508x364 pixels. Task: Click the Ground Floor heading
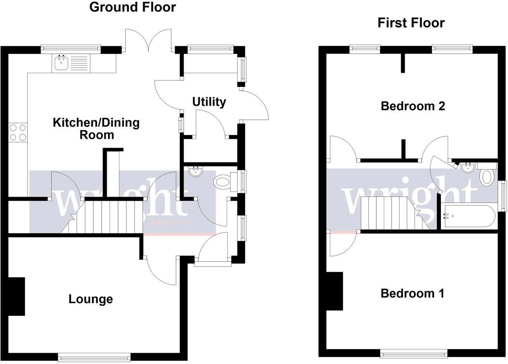[x=132, y=7]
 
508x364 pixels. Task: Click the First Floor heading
[x=411, y=23]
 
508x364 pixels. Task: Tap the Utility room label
[x=209, y=102]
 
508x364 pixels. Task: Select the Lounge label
[x=90, y=299]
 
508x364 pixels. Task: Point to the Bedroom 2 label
[x=412, y=106]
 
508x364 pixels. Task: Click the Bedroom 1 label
[x=412, y=293]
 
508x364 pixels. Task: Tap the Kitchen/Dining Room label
[x=96, y=128]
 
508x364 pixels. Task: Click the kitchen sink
[x=61, y=63]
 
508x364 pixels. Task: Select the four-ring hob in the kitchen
[x=18, y=132]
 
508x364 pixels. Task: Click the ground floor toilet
[x=223, y=181]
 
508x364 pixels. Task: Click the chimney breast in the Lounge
[x=16, y=296]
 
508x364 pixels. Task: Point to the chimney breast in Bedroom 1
[x=334, y=291]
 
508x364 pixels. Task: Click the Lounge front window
[x=94, y=356]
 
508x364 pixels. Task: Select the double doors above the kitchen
[x=149, y=40]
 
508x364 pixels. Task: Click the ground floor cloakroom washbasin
[x=195, y=172]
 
